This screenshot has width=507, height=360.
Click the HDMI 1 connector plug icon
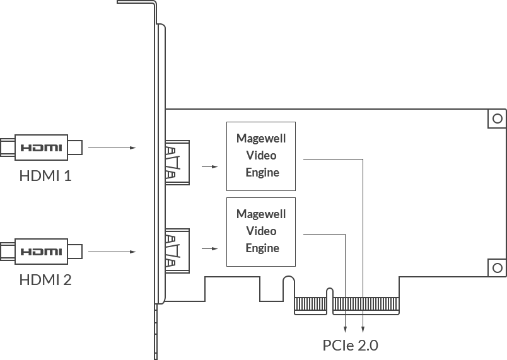[42, 148]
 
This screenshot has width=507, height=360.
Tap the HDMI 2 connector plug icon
[42, 252]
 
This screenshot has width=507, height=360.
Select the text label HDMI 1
[45, 175]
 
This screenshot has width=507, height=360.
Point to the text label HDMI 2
[45, 279]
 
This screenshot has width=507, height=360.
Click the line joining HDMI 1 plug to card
[101, 148]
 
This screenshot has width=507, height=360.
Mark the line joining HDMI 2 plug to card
[101, 252]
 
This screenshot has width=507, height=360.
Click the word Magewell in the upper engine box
[262, 138]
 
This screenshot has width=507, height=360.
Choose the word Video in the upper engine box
[262, 155]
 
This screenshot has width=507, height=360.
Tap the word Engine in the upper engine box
[262, 172]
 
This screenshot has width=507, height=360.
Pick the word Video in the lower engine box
[262, 231]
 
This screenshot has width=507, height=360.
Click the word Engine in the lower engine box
[262, 248]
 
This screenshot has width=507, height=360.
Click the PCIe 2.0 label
[350, 345]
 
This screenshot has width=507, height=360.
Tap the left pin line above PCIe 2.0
[346, 324]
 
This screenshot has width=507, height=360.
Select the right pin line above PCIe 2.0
[363, 324]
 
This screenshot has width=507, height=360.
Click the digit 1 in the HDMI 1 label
[67, 175]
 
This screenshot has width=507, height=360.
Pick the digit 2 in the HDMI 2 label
[67, 279]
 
